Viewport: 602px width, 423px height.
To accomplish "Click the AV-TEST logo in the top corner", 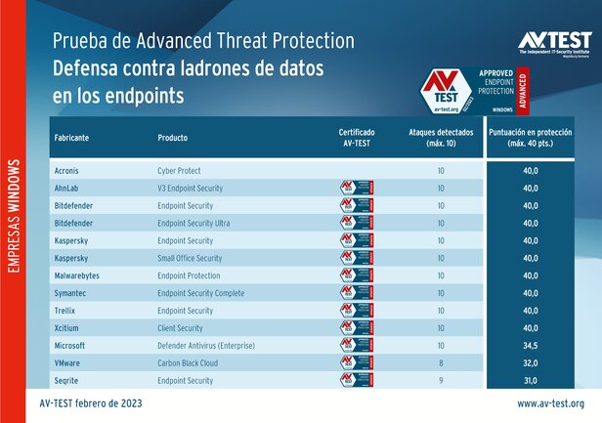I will click(x=553, y=43).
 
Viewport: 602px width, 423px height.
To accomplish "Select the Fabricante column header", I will click(x=70, y=138).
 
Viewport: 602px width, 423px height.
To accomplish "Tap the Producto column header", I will click(x=172, y=138).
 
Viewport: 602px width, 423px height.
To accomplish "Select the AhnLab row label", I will click(x=66, y=189).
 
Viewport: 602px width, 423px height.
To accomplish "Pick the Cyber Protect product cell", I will click(x=180, y=171).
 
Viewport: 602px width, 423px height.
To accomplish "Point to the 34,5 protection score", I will click(x=539, y=346).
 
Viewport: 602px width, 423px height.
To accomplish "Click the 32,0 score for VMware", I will click(x=539, y=363).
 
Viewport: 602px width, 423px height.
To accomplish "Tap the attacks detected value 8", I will click(x=442, y=363).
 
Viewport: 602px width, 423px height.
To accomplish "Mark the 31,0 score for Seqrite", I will click(x=539, y=381).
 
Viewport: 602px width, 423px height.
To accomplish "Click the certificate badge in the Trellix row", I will click(x=356, y=311).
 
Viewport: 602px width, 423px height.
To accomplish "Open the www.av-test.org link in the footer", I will click(x=551, y=403).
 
